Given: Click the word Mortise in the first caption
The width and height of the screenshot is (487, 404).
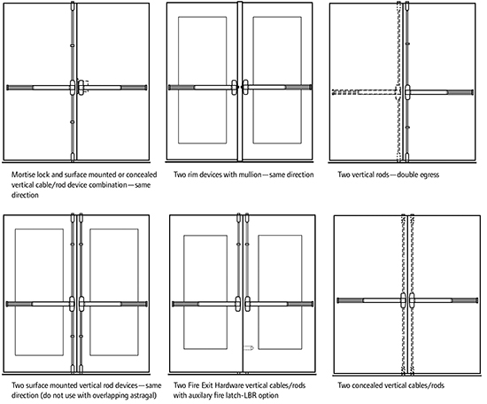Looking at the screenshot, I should point(26,175).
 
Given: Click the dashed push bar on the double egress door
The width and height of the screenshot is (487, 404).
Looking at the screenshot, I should point(365,91).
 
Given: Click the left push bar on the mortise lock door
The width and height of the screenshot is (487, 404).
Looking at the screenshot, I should point(35,88).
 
